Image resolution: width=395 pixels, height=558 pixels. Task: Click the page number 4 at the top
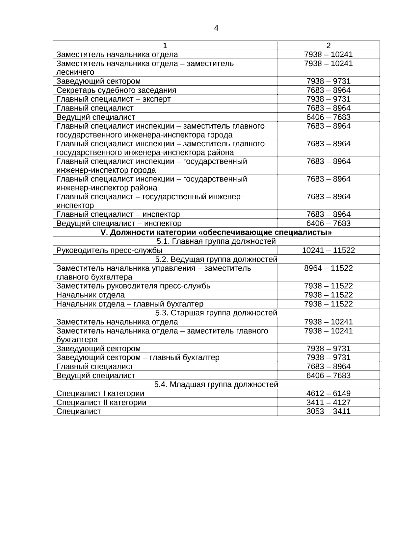tap(216, 28)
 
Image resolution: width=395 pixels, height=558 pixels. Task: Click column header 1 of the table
tap(165, 46)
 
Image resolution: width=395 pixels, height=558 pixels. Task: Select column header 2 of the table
tap(328, 46)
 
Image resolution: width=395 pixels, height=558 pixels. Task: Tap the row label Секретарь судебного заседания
tap(116, 90)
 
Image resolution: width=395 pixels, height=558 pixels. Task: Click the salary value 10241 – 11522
tap(328, 251)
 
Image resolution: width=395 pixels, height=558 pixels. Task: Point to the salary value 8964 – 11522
tap(328, 268)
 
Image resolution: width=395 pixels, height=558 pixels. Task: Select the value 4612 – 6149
tap(328, 394)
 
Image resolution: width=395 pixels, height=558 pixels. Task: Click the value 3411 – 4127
tap(328, 402)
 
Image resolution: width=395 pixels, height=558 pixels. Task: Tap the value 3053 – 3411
tap(328, 411)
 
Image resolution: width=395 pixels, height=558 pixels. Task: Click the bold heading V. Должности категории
tap(216, 233)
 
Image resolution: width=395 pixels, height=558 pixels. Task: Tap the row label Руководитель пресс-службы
tap(109, 251)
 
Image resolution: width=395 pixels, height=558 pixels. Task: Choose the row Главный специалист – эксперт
tap(114, 99)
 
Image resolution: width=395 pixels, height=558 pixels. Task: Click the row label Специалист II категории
tap(101, 402)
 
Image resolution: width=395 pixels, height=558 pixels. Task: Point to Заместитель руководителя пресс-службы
tap(134, 286)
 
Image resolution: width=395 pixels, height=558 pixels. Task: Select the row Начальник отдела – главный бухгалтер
tap(130, 304)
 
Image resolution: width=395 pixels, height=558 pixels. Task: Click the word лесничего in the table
tap(75, 72)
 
